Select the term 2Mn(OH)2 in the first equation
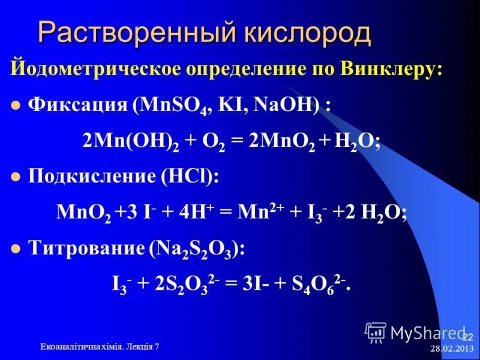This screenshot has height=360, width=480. (125, 141)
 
